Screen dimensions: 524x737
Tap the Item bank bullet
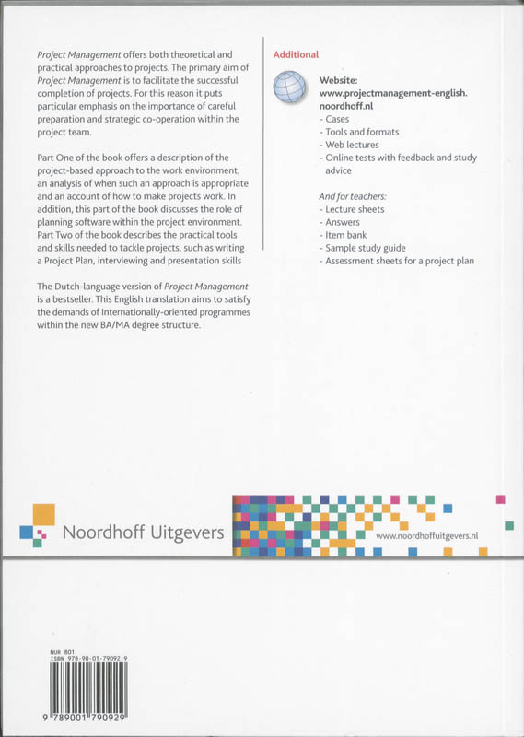[346, 235]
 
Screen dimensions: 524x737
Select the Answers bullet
[342, 222]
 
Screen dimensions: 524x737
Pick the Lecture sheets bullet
[353, 209]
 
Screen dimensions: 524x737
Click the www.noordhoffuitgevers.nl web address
[434, 536]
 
